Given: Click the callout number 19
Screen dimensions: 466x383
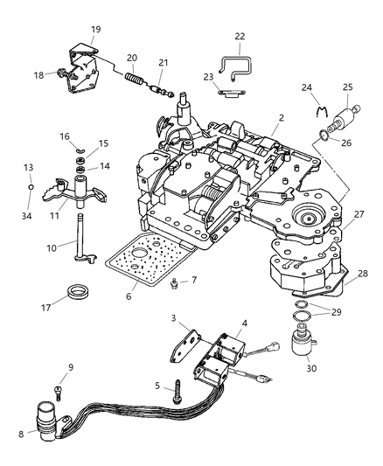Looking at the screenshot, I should tap(95, 29).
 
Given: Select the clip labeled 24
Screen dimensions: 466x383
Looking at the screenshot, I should tap(319, 111).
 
